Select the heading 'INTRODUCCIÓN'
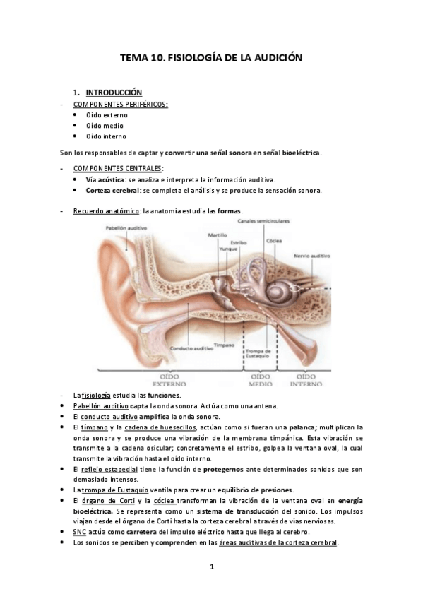click(113, 93)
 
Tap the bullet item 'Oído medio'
click(105, 125)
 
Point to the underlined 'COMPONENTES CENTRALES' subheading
click(117, 168)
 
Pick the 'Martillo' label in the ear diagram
click(218, 235)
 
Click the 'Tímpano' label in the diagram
click(224, 345)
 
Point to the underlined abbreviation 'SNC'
click(79, 531)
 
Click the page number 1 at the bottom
click(211, 567)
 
